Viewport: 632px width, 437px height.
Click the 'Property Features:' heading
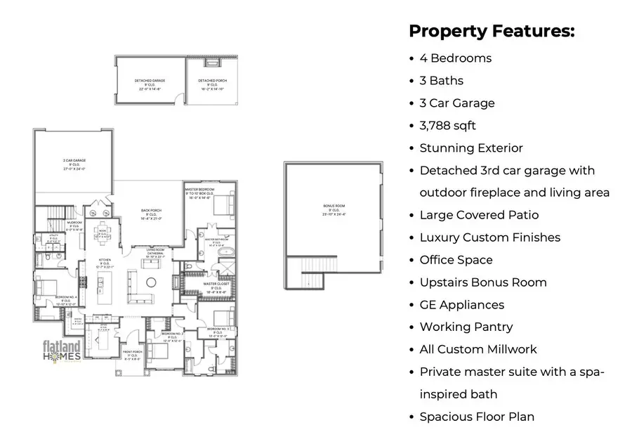click(x=491, y=32)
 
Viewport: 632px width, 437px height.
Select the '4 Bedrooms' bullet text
click(x=455, y=58)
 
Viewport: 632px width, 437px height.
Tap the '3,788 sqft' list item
click(x=447, y=126)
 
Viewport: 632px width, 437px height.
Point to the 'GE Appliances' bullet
click(x=461, y=305)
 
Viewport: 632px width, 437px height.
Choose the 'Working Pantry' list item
click(x=466, y=327)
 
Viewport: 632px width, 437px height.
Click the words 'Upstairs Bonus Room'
click(x=483, y=282)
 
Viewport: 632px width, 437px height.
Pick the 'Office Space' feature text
click(x=456, y=260)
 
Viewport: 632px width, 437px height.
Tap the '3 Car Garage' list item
click(x=456, y=103)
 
